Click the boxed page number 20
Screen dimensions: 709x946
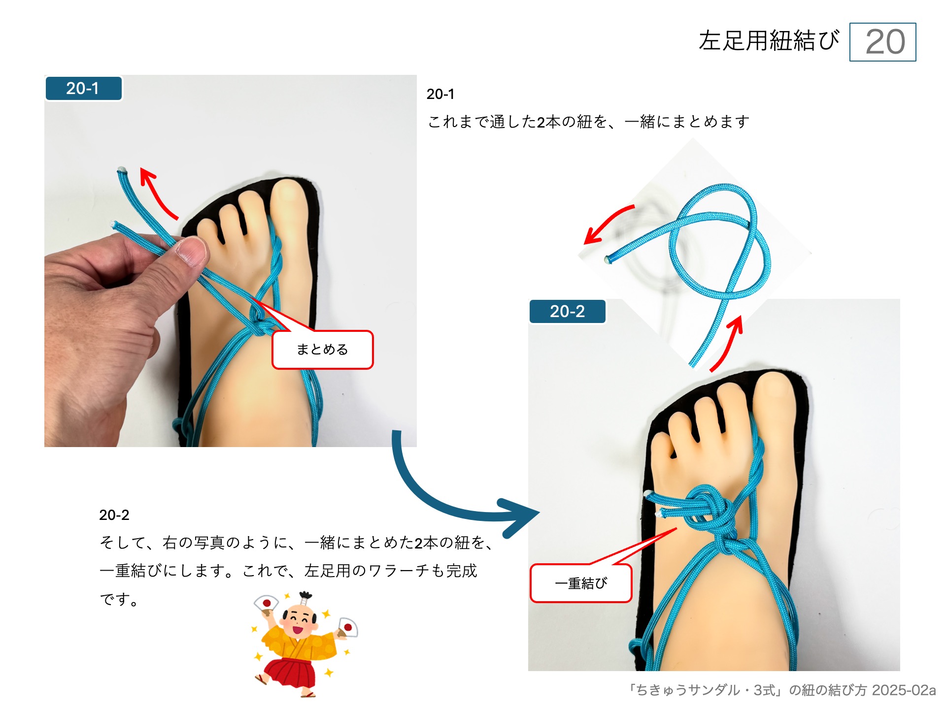(x=882, y=42)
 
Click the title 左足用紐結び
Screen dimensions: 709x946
(x=769, y=41)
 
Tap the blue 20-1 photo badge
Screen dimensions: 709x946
(x=83, y=89)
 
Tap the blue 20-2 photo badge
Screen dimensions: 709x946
(x=567, y=312)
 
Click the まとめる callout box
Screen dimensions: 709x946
(x=323, y=350)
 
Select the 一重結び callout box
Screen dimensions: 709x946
(x=581, y=583)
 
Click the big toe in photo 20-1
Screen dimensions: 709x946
(x=290, y=202)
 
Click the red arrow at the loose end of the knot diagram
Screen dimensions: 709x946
(x=606, y=224)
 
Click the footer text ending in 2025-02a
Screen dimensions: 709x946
(x=781, y=690)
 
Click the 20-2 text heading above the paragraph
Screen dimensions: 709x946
(x=114, y=515)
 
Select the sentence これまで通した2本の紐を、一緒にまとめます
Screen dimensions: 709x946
(x=588, y=122)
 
